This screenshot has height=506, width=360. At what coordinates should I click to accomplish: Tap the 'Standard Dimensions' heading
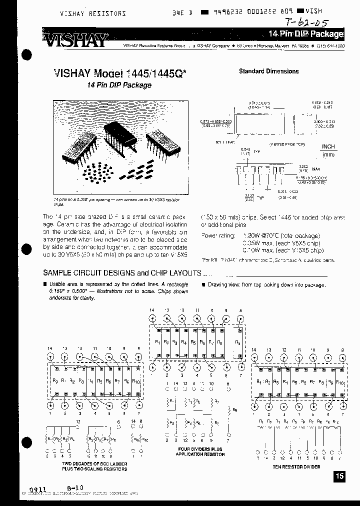[268, 71]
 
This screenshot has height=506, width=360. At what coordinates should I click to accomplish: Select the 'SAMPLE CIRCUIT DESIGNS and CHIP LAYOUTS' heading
[122, 273]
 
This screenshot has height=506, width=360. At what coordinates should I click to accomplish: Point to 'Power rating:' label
[217, 235]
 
